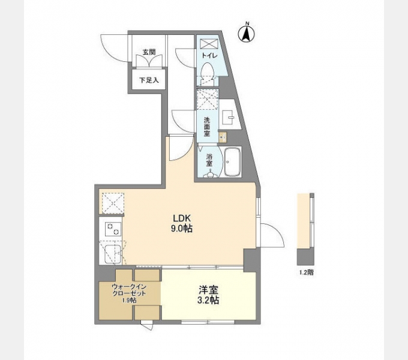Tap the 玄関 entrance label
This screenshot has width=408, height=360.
pos(149,52)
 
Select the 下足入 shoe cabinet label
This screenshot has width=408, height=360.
pos(149,79)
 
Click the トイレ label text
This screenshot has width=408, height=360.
pos(209,56)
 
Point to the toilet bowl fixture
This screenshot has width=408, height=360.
pos(208,75)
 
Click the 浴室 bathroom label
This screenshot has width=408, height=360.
pos(209,160)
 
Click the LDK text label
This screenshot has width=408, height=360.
pos(182,218)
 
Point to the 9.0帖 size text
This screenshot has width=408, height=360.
pos(182,229)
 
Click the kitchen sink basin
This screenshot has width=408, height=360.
pos(111,254)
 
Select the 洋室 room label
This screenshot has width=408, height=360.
pos(209,289)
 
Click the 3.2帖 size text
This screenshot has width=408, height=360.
pos(209,300)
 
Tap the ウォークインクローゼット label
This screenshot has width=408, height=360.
pos(129,290)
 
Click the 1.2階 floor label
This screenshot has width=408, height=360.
pos(306,272)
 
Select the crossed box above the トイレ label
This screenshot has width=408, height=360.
pos(209,44)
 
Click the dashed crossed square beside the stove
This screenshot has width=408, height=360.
pos(112,203)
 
